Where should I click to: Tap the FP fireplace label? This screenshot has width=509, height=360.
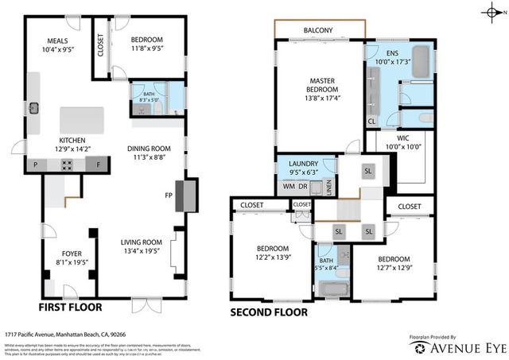pos(168,195)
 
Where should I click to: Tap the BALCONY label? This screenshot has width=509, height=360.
pos(317,31)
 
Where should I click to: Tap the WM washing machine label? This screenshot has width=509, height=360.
pos(288,187)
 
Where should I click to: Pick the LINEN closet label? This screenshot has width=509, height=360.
pos(329,189)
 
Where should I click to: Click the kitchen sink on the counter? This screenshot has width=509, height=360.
pos(34,106)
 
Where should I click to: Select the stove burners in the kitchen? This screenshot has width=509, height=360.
pos(68,165)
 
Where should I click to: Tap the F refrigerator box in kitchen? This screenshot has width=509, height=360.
pos(98,165)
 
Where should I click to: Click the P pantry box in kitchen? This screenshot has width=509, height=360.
pos(35,165)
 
